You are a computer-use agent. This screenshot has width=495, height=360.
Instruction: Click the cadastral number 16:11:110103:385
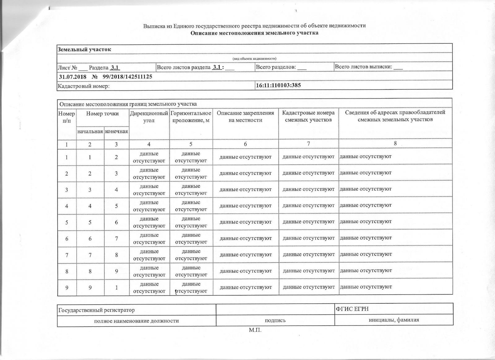pos(278,85)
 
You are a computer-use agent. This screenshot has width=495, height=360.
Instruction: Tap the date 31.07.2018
pos(73,76)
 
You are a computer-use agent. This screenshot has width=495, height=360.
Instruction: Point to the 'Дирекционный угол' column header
pos(149,117)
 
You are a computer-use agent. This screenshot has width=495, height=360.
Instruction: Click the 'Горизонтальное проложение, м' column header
pos(191,117)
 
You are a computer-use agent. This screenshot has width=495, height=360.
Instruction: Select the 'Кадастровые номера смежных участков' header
pos(308,116)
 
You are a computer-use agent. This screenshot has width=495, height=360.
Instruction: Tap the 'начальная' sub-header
pos(90,131)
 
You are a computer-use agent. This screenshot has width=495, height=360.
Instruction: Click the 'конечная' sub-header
pos(116,131)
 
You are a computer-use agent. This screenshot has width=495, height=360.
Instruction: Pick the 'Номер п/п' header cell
pos(67,117)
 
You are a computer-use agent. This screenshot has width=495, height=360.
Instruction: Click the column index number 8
pos(395,143)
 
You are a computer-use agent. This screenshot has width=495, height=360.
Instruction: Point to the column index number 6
pos(245,144)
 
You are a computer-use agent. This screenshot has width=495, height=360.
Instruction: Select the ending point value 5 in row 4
pos(116,206)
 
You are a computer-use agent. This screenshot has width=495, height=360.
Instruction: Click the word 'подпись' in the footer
pos(275,321)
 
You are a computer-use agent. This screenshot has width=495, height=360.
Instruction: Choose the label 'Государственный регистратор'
pos(97,310)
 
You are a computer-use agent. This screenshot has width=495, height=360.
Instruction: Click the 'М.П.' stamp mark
pos(255,330)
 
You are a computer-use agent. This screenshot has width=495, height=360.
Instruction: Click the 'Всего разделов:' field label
pos(276,67)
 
